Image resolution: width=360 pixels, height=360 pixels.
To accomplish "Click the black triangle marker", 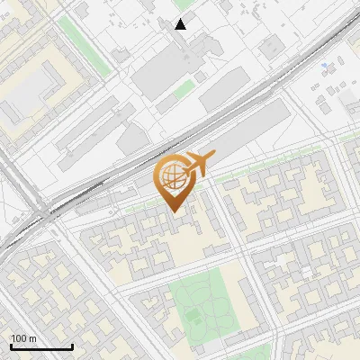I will tap(181, 24).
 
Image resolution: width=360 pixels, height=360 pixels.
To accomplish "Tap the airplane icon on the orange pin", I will tap(197, 165).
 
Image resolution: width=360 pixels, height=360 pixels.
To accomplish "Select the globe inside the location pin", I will tap(172, 177).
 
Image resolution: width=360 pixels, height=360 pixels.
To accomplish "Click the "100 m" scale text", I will tap(24, 338).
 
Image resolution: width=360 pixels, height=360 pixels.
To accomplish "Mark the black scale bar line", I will tap(41, 346).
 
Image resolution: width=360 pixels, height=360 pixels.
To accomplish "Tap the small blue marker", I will tap(323, 66).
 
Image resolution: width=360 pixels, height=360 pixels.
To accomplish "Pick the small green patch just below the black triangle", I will tap(184, 89).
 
